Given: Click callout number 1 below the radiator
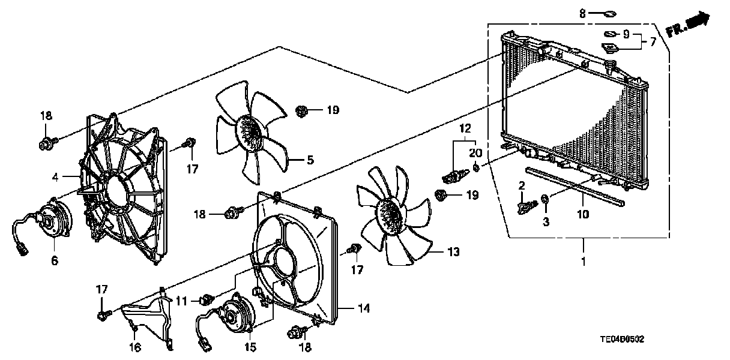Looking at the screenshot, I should [x=583, y=262].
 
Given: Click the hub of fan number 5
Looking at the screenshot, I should [x=249, y=134].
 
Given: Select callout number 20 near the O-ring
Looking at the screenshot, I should [x=475, y=152].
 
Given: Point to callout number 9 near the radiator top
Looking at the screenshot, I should [x=626, y=34].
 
